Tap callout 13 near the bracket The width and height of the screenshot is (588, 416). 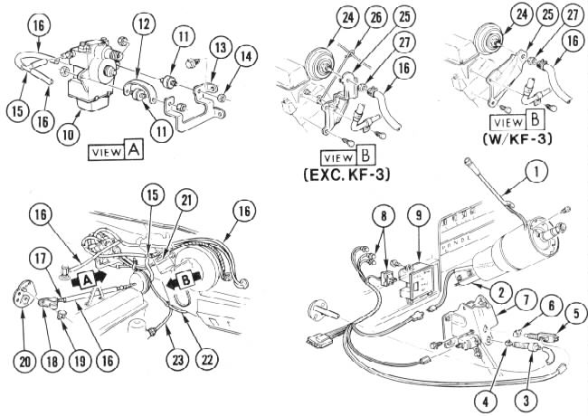coord(218,47)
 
